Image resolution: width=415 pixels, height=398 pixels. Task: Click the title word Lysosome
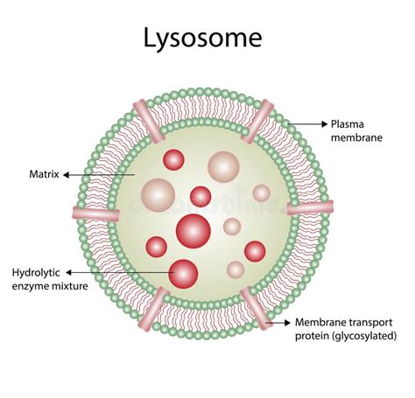[x=202, y=38]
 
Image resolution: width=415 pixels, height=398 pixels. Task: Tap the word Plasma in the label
[x=348, y=124]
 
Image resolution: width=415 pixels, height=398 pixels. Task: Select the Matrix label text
[x=44, y=174]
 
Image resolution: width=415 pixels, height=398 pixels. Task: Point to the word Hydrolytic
[x=36, y=273]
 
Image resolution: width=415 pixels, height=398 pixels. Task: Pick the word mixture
[x=69, y=286]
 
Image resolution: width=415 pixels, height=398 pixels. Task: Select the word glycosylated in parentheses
[x=364, y=336]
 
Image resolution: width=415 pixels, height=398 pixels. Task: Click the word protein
[x=313, y=337]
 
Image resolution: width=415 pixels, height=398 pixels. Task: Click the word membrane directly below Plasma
[x=356, y=137]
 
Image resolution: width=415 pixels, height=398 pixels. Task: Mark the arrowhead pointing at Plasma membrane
[x=325, y=124]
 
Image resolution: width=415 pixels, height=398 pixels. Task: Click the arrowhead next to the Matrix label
[x=67, y=175]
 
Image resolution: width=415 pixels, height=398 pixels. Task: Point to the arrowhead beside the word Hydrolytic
[x=69, y=273]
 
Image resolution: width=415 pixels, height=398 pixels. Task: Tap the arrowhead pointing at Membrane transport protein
[x=287, y=323]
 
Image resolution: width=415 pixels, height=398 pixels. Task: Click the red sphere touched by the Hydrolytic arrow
[x=183, y=274]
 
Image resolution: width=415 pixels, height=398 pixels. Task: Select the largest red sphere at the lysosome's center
[x=193, y=231]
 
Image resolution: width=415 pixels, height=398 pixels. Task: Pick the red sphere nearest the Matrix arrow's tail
[x=173, y=160]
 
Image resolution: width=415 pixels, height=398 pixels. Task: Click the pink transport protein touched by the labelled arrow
[x=256, y=308]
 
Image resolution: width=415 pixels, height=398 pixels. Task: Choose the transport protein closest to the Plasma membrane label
[x=257, y=122]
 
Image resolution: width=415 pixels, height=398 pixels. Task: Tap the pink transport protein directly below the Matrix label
[x=95, y=213]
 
